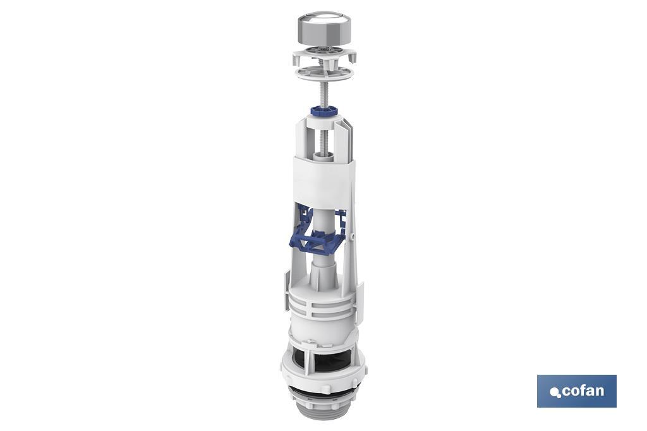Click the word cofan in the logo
(x=583, y=391)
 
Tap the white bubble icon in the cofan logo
(x=555, y=392)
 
